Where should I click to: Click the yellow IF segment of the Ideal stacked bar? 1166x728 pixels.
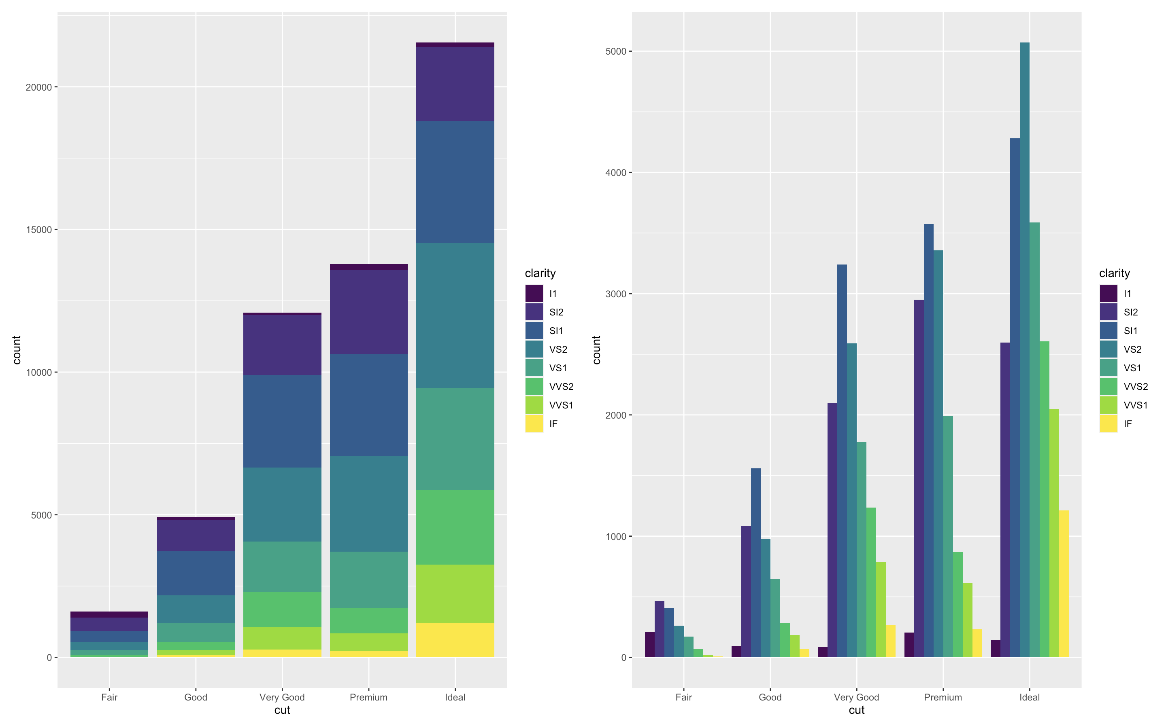click(455, 640)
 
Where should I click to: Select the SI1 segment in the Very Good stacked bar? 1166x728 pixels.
click(282, 421)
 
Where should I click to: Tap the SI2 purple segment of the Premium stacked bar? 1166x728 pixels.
click(368, 312)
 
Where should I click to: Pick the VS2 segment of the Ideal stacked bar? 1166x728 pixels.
click(455, 315)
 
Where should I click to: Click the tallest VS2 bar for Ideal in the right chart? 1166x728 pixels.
click(1025, 350)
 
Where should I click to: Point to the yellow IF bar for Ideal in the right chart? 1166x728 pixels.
click(1064, 584)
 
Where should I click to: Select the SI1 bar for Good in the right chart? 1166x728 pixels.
click(756, 563)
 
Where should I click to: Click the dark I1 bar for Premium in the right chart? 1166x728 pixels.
click(909, 645)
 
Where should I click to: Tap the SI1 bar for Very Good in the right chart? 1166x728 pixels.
click(842, 461)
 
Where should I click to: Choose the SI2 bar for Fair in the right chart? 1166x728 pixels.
click(660, 629)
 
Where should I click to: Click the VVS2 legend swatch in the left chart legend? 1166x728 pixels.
click(534, 387)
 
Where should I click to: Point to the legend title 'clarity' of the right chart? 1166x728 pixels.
click(1115, 273)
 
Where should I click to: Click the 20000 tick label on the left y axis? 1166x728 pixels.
click(38, 87)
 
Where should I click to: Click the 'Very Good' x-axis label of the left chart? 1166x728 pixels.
click(282, 697)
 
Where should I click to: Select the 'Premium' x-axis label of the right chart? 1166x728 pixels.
click(943, 697)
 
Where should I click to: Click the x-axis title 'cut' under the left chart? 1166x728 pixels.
click(282, 710)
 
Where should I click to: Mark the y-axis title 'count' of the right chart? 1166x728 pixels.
click(596, 350)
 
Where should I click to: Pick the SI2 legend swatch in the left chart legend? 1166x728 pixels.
click(534, 312)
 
